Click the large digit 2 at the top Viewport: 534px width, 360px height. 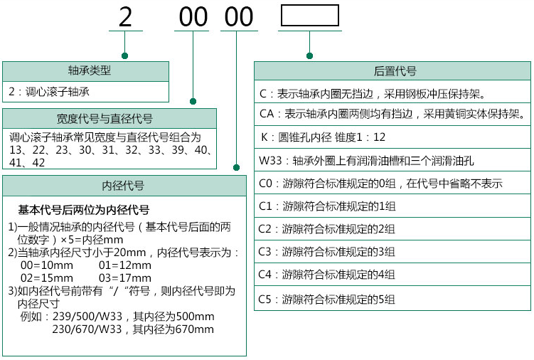(125, 17)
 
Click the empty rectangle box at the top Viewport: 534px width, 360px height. (309, 5)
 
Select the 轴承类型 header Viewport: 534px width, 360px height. (89, 70)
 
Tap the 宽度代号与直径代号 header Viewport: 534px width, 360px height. (105, 119)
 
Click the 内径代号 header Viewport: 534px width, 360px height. (123, 186)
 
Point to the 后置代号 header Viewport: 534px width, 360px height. (395, 71)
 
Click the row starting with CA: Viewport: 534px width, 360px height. (393, 114)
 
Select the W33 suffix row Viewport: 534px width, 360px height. (393, 160)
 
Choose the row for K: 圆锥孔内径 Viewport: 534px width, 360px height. (393, 137)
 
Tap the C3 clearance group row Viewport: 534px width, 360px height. (393, 252)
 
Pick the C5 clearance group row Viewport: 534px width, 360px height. (393, 299)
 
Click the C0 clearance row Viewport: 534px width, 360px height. (393, 183)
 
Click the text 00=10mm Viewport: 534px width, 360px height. (47, 265)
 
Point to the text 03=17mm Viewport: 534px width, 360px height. (125, 278)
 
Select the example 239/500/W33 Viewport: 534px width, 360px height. (87, 317)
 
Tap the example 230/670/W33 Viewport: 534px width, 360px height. (87, 329)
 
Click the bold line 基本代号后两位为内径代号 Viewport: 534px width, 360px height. (83, 210)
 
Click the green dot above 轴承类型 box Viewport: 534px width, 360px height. (124, 56)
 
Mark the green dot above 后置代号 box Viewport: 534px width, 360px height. (309, 56)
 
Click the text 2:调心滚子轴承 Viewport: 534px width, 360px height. (49, 92)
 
